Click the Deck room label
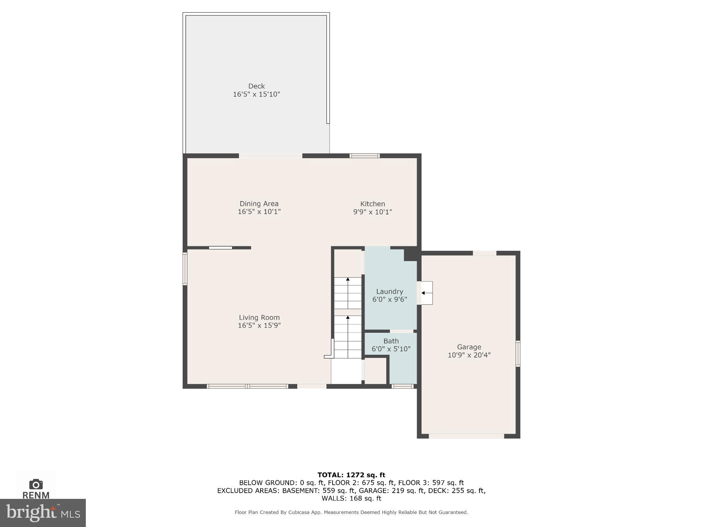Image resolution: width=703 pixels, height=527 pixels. [256, 86]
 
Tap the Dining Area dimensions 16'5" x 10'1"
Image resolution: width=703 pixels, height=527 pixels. [259, 212]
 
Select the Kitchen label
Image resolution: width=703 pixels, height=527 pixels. [372, 204]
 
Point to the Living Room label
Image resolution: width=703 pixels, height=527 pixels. [259, 317]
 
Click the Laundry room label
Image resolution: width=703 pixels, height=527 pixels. [390, 291]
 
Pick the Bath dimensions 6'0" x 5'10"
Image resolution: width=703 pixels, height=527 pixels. [391, 349]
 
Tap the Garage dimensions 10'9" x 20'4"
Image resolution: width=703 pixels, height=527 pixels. [469, 355]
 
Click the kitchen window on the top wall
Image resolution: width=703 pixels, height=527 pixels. [365, 156]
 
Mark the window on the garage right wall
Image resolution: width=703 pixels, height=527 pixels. [518, 354]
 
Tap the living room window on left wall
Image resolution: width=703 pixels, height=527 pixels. [185, 269]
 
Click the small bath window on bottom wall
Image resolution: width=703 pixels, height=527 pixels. [402, 386]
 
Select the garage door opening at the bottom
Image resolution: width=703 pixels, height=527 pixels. [466, 436]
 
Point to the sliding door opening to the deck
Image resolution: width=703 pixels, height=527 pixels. [270, 156]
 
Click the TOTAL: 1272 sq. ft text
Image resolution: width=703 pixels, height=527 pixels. [351, 475]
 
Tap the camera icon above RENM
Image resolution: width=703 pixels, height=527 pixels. [36, 484]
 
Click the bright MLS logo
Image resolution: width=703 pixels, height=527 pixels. [43, 513]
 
